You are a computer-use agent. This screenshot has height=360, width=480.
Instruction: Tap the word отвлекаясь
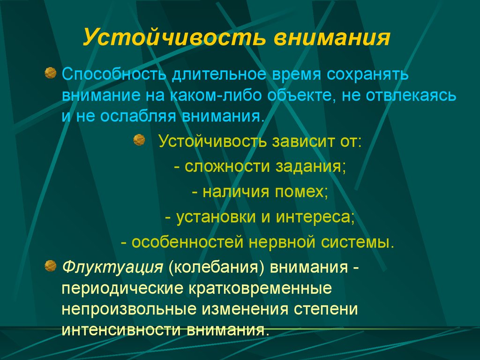411,95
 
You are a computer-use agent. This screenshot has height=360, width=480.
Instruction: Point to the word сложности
227,167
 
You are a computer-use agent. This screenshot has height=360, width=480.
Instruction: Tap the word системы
355,242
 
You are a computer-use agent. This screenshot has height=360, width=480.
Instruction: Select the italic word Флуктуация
112,267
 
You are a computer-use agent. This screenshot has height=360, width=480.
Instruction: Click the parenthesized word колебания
216,267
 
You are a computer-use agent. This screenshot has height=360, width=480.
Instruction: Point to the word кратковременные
260,288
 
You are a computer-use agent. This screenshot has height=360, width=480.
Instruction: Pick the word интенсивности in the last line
122,330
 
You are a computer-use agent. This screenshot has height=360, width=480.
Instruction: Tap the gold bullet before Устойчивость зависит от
139,140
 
